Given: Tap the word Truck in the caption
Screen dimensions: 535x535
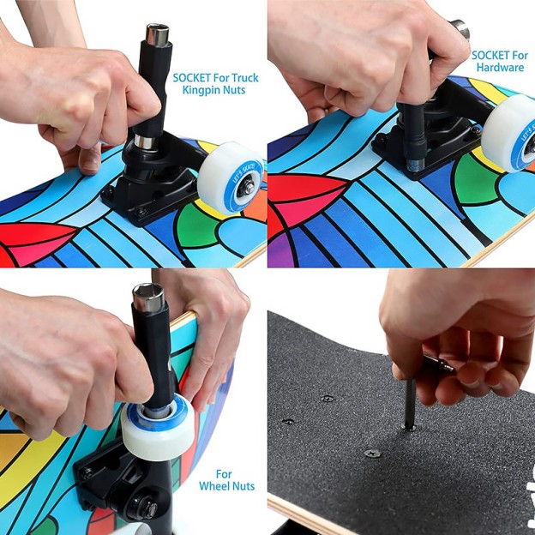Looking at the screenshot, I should (242, 77).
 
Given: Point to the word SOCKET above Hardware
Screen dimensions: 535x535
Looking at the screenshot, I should (491, 55).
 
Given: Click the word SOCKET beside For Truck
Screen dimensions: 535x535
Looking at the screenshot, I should (194, 77).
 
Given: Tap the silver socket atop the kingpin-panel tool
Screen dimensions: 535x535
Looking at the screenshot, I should (157, 36).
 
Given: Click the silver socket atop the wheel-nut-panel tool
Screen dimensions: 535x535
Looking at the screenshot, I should (147, 300).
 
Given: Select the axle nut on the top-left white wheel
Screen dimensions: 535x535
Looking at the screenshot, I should (247, 187).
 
